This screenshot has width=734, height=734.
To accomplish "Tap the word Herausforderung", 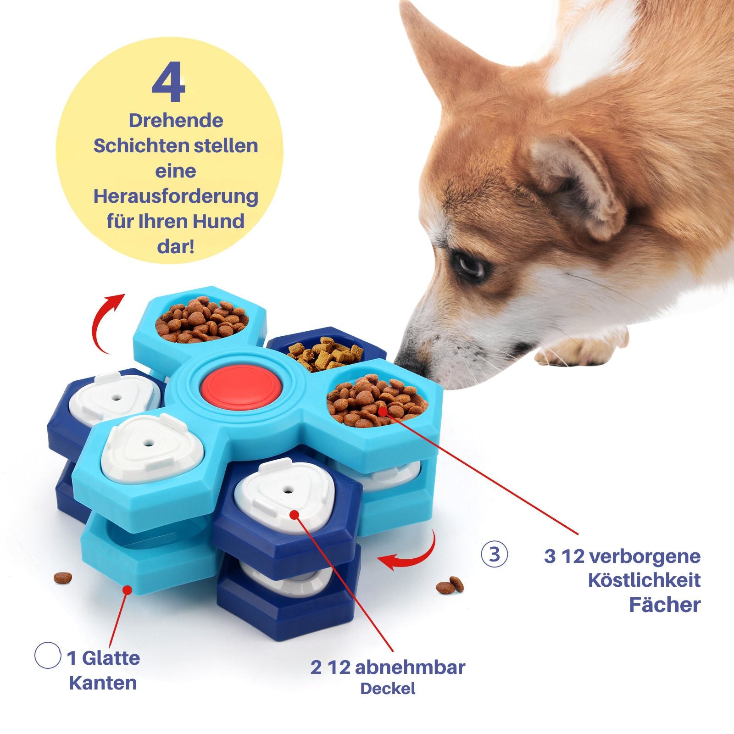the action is (x=176, y=196).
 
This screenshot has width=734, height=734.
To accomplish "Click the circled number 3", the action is (x=494, y=554).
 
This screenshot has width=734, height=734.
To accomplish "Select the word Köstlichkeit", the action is (x=644, y=580).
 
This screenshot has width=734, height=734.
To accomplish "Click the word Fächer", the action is (x=665, y=605).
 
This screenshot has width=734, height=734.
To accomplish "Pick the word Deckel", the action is (x=388, y=689).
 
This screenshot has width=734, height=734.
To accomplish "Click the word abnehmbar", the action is (x=410, y=667).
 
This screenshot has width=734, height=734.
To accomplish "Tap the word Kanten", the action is (x=103, y=683).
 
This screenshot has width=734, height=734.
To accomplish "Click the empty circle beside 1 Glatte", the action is (x=48, y=655).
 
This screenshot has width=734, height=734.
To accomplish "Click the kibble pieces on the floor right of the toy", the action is (x=450, y=584).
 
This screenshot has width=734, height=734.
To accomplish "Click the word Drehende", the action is (x=176, y=121).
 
